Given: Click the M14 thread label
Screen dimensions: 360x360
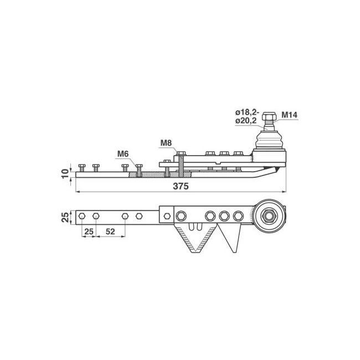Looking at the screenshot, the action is click(x=289, y=115).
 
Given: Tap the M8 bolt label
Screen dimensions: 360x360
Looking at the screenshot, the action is click(x=166, y=143).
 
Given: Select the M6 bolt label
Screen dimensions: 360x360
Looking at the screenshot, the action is click(x=123, y=153).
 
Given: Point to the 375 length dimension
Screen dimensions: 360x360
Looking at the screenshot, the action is click(x=181, y=186).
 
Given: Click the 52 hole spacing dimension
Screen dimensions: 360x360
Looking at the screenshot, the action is click(x=110, y=232).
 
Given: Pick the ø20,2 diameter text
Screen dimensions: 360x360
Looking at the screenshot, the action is click(x=246, y=121).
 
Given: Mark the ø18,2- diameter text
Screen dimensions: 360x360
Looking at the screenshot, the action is click(x=247, y=112).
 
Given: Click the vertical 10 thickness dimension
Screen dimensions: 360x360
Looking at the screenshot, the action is click(x=65, y=173).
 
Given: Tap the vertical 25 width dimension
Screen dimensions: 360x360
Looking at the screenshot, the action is click(x=65, y=217).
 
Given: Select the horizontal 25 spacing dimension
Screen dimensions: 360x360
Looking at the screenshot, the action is click(x=89, y=232).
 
